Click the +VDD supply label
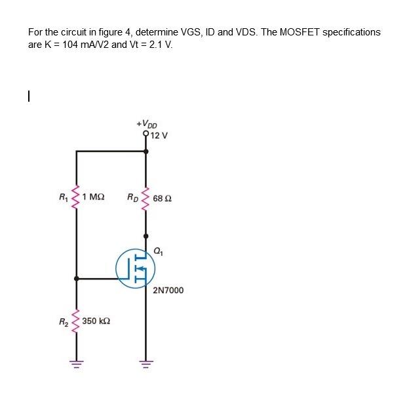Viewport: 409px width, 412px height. click(x=147, y=124)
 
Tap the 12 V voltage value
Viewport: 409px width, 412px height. click(x=159, y=136)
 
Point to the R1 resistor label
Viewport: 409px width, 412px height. click(x=63, y=197)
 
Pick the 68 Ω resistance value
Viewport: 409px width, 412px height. click(x=163, y=198)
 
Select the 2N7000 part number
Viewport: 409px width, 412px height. click(x=168, y=290)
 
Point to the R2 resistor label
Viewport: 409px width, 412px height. click(x=64, y=321)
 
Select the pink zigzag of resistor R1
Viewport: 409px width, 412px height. click(x=77, y=195)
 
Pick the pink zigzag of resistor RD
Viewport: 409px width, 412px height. click(x=146, y=196)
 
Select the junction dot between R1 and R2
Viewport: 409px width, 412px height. click(x=77, y=279)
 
